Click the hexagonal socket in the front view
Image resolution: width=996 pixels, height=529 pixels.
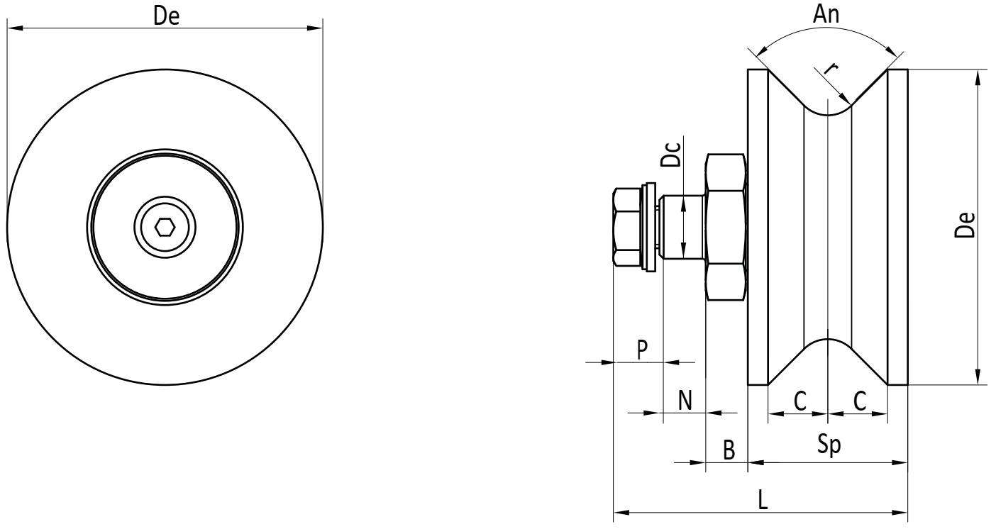[x=165, y=227]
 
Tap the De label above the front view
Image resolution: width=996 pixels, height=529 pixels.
[x=166, y=16]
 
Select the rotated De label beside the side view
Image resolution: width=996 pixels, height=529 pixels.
[x=965, y=225]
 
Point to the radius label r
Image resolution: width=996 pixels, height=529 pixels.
[x=831, y=69]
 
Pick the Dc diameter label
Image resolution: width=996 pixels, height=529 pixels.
[x=670, y=155]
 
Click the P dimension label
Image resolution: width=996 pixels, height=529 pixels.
[x=641, y=350]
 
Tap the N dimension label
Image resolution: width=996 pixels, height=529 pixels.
[x=685, y=400]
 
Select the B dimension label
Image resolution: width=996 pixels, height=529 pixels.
[x=729, y=450]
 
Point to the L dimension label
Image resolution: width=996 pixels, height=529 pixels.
[x=763, y=500]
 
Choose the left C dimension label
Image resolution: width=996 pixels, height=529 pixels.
[x=800, y=401]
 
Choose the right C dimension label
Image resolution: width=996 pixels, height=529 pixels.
[x=860, y=401]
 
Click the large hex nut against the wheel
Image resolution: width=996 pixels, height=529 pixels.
[x=726, y=227]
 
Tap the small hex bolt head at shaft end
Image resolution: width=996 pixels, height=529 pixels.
[x=627, y=227]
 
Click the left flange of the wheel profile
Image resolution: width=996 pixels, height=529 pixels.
[x=758, y=227]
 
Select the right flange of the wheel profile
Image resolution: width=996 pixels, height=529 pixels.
[x=897, y=227]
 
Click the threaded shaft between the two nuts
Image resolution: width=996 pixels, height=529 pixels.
[x=682, y=227]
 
